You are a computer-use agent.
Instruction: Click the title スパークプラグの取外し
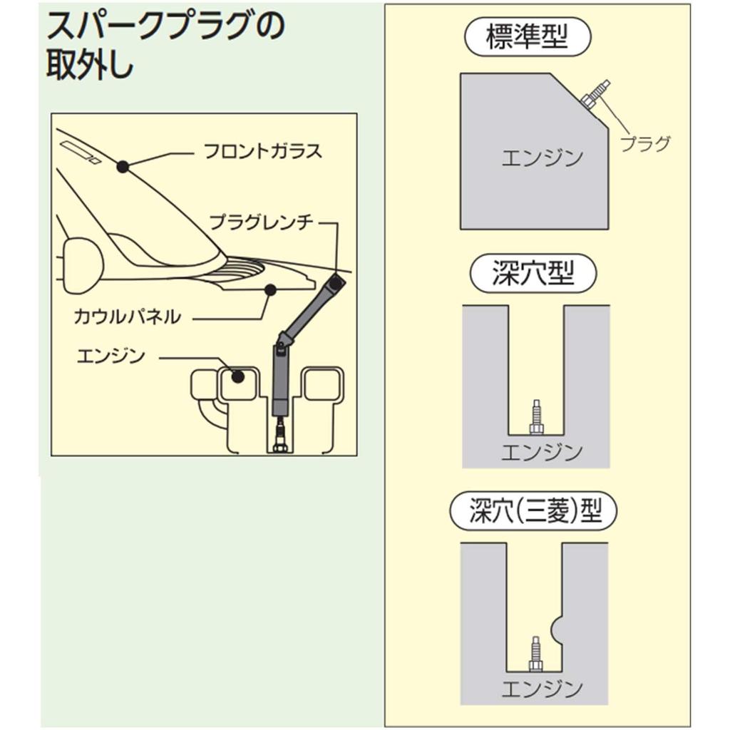click(164, 46)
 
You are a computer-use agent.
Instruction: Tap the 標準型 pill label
click(527, 38)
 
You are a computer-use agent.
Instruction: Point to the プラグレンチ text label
click(261, 222)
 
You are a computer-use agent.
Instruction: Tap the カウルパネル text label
click(128, 317)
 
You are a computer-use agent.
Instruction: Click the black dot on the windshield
click(123, 167)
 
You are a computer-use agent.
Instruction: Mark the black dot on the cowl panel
click(270, 289)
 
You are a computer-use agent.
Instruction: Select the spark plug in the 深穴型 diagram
click(535, 418)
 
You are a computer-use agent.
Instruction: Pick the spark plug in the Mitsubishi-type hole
click(535, 653)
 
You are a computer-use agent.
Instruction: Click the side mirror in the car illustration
click(82, 265)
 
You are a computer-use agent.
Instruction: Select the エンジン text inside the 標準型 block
click(542, 158)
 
